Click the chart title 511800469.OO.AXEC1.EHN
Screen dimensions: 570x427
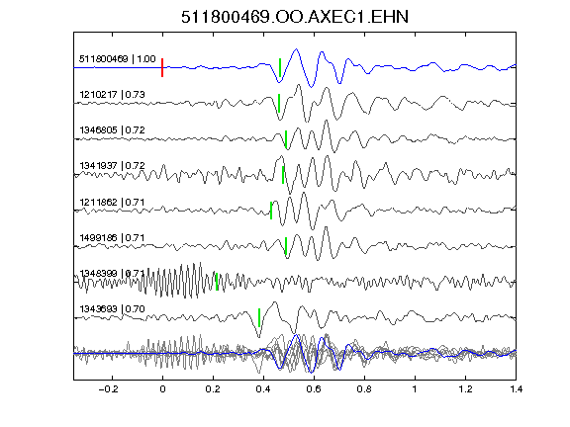(295, 17)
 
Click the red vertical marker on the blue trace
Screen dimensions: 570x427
(162, 67)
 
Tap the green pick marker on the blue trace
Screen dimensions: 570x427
(280, 67)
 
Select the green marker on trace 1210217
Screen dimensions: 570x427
(279, 103)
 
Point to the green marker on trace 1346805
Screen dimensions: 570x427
(286, 139)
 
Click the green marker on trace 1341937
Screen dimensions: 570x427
(283, 175)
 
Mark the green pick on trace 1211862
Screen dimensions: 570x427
(271, 211)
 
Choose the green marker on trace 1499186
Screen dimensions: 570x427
(286, 246)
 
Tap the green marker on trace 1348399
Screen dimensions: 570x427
(217, 282)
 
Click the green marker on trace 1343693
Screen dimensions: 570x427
(259, 317)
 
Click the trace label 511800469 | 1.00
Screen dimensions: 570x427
(118, 59)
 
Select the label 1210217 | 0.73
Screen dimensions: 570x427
(113, 95)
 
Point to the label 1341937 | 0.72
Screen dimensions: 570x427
(113, 166)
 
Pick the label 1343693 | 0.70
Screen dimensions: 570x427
(113, 309)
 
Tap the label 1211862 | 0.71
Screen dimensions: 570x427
(113, 202)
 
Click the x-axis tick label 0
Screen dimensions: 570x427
(162, 389)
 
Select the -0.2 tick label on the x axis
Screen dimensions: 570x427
(109, 389)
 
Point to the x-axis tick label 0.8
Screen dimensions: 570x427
(364, 389)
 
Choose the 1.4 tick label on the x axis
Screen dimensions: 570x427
(516, 389)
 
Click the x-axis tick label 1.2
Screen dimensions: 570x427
(465, 389)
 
